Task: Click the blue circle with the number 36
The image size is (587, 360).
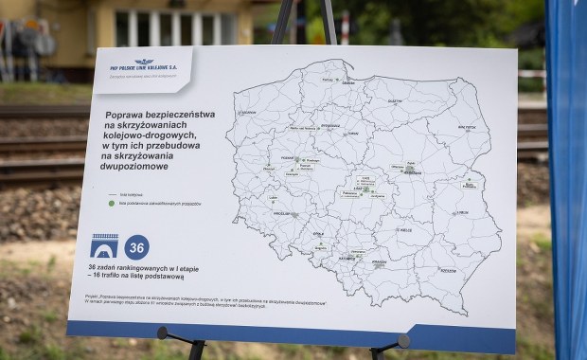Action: point(136,247)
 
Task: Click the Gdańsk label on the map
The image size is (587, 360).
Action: point(348,83)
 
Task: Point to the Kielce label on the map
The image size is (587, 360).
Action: point(404,229)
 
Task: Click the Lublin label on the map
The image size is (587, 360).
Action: point(461,212)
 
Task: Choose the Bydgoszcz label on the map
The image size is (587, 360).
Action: point(329,125)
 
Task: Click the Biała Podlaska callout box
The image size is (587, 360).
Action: point(469,185)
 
